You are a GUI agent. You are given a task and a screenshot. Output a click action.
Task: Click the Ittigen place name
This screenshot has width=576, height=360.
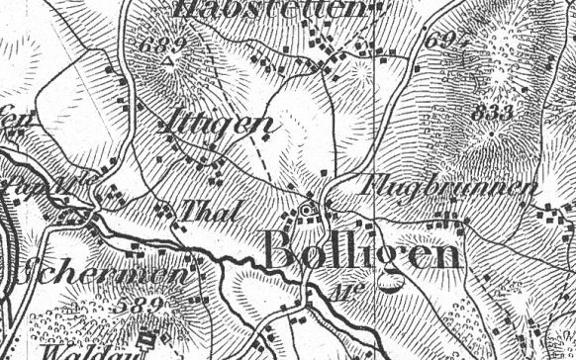point(215,125)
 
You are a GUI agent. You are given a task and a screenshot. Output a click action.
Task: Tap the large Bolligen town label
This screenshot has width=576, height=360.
point(362,253)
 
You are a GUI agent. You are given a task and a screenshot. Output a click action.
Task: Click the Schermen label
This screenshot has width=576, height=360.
point(98,273)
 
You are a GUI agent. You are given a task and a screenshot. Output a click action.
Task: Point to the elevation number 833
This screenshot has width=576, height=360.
point(494,112)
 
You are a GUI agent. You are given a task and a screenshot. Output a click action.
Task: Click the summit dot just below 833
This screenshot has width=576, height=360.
point(494,130)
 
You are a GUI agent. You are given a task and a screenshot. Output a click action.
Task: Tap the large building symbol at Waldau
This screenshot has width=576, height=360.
point(148,339)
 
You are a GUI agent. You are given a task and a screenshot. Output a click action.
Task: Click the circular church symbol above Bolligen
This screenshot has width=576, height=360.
point(307,210)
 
